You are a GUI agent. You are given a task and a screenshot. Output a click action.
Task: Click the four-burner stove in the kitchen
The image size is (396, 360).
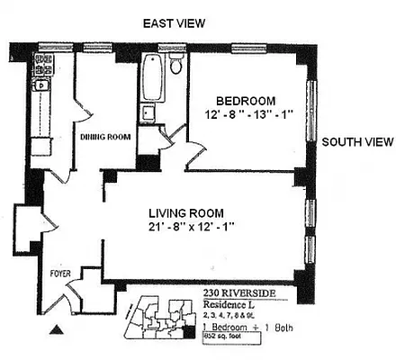coord(41,64)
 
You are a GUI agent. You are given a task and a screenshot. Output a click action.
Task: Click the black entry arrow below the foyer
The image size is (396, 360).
coord(59,330)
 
